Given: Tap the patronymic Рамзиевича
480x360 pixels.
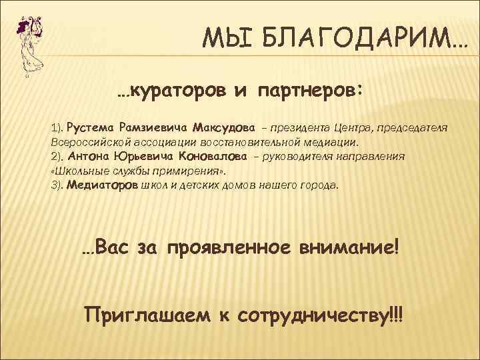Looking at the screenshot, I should (x=153, y=127).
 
